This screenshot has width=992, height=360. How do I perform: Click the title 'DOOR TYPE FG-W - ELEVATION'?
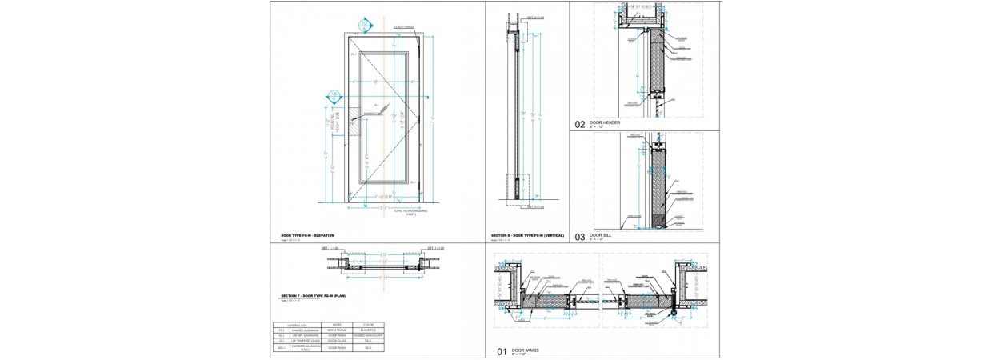click(307, 235)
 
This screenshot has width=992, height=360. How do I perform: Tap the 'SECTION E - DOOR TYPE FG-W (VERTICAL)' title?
click(527, 235)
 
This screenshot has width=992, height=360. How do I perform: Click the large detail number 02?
click(580, 124)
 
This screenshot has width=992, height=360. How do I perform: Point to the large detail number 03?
click(580, 237)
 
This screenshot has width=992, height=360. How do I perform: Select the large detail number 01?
click(502, 351)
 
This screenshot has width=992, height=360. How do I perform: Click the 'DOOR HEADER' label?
click(605, 122)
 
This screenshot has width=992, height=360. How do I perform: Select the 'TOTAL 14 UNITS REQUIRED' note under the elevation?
click(411, 211)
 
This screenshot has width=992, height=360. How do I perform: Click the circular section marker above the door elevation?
click(366, 26)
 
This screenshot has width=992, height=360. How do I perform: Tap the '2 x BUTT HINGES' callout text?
click(403, 27)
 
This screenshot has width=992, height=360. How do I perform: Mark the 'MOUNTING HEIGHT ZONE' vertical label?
click(330, 124)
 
